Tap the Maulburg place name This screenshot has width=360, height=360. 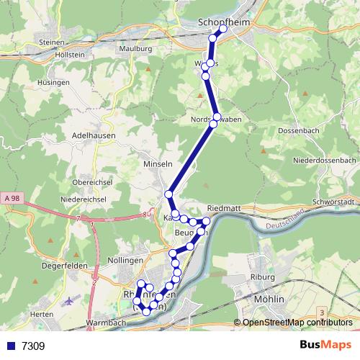point(136,48)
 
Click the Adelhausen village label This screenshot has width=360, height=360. point(90,135)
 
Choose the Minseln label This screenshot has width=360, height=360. point(158,164)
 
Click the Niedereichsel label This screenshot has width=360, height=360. point(84,199)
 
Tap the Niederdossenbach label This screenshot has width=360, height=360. point(325,159)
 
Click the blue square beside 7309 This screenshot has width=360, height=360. point(9,346)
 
